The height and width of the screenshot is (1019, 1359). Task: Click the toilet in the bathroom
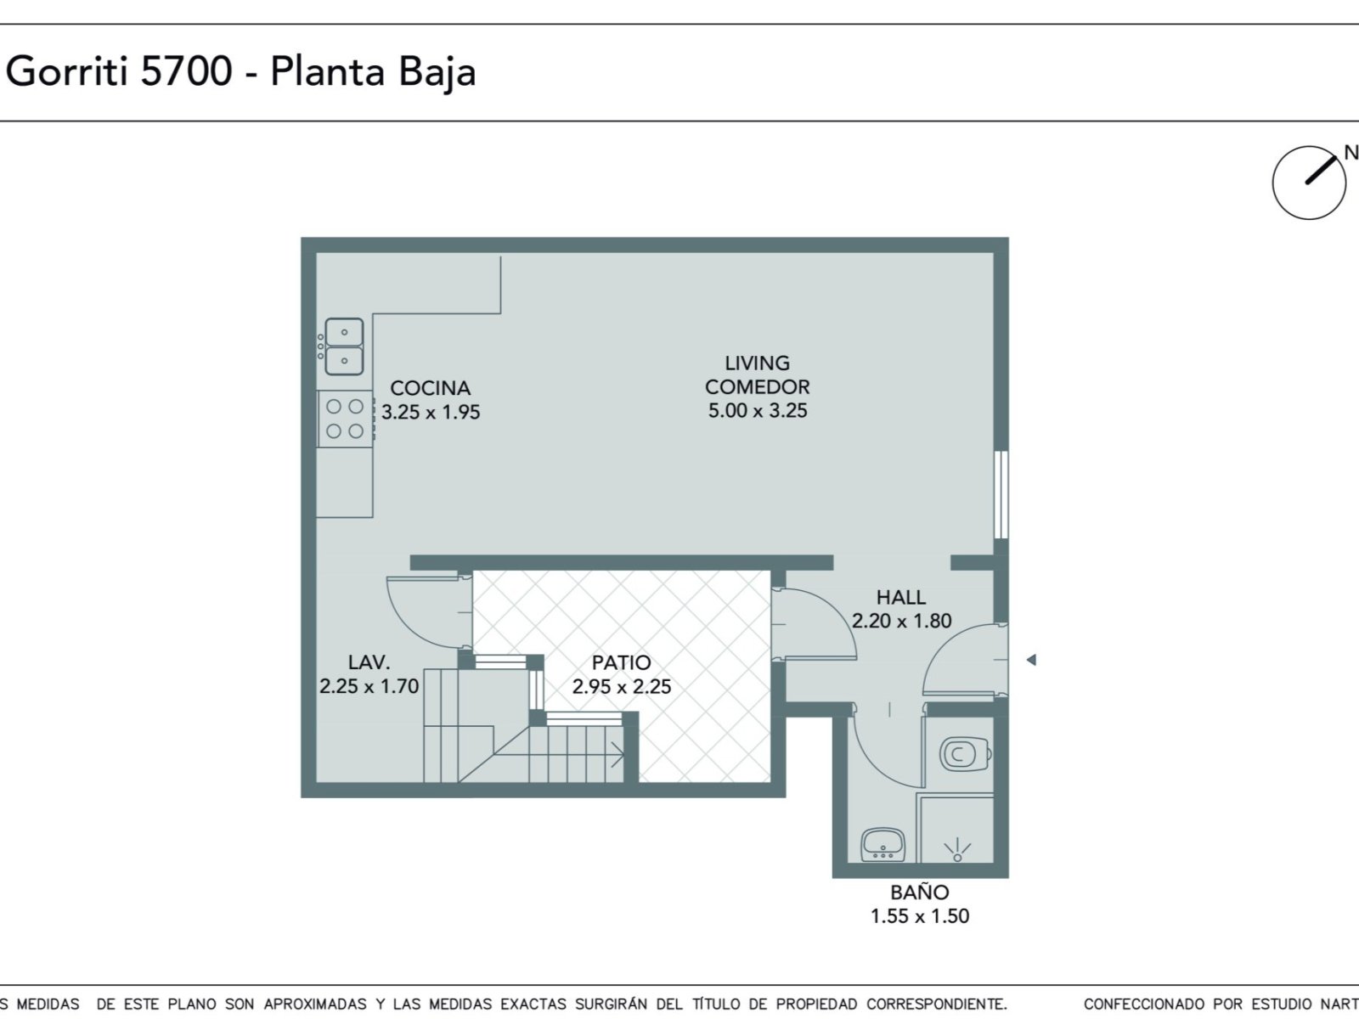(x=965, y=754)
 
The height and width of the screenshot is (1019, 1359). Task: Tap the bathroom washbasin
(x=883, y=845)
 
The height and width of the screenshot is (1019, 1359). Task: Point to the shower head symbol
(x=957, y=850)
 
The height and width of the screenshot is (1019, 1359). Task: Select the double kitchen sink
(x=343, y=346)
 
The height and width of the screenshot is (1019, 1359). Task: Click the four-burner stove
(x=345, y=419)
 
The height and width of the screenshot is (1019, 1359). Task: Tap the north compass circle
(x=1310, y=183)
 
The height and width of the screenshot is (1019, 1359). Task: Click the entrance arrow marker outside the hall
(x=1031, y=660)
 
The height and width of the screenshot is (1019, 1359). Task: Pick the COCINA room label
(x=431, y=389)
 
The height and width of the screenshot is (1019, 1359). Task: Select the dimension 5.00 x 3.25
(x=757, y=411)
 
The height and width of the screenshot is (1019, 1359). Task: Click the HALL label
(x=901, y=598)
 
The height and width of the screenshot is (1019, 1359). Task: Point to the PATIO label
(x=621, y=663)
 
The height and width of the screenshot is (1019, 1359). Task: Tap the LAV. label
(x=369, y=662)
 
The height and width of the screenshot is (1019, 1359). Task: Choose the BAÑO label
(x=919, y=892)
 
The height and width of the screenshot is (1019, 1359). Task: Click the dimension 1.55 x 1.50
(x=919, y=916)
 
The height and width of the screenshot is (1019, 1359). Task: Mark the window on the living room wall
(x=1001, y=495)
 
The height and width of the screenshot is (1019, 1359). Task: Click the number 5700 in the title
(x=186, y=71)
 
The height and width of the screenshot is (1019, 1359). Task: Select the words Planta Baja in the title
(x=374, y=73)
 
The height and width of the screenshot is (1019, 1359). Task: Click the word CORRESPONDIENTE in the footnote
(x=936, y=1005)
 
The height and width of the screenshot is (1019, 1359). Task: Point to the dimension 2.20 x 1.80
(x=901, y=622)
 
